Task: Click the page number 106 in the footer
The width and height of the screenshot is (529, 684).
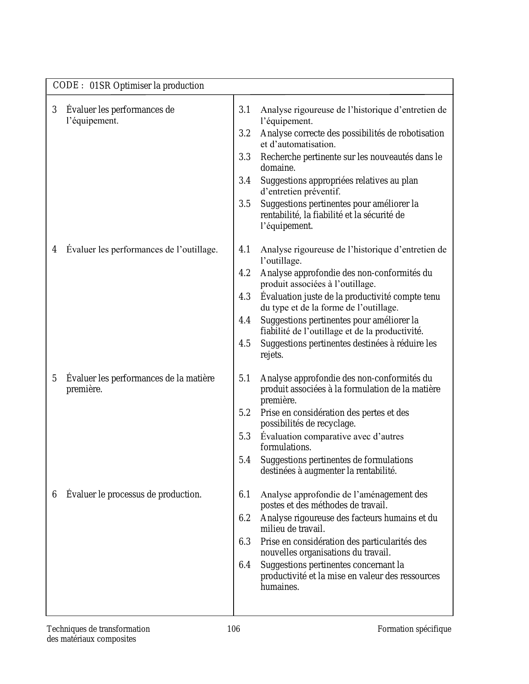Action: tap(234, 629)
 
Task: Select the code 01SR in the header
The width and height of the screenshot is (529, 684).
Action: tap(100, 86)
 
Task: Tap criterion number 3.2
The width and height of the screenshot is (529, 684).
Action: tap(244, 133)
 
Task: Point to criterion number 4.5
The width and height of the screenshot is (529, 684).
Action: tap(244, 344)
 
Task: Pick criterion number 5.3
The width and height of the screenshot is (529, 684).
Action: tap(244, 437)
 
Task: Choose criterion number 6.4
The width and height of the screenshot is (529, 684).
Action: tap(244, 565)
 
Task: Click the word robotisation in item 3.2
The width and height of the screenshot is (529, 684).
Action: tap(421, 133)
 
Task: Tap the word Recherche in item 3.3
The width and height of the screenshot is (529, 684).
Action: tap(280, 157)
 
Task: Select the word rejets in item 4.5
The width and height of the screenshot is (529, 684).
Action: tap(271, 355)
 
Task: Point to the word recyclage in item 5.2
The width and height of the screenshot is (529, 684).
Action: tap(336, 424)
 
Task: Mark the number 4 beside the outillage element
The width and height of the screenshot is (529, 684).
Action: tap(54, 250)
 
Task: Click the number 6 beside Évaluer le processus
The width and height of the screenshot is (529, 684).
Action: tap(54, 495)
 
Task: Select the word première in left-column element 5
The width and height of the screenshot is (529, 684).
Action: tap(84, 389)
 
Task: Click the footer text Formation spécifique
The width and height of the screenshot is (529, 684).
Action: tap(414, 629)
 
